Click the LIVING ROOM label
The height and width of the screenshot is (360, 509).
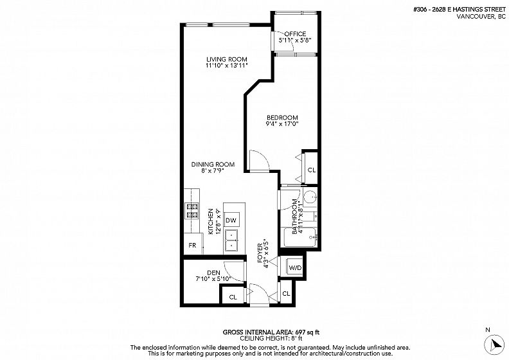pos(227,59)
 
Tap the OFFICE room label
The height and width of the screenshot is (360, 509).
pos(295,34)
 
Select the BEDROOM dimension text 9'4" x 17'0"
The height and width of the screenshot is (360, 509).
pos(281,123)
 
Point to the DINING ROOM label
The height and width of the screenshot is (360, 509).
pos(213,165)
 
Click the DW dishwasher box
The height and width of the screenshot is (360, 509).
pos(231,221)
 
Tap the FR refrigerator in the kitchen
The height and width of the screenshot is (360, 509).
pos(193,245)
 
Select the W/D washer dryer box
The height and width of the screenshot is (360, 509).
pos(295,268)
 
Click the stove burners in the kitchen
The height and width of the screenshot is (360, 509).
pos(192,210)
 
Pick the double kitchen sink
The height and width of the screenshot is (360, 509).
pos(231,240)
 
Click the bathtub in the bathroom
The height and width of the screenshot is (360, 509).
pos(299,237)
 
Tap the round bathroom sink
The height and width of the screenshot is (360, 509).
pos(310,197)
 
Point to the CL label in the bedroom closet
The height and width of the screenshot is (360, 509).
pos(312,170)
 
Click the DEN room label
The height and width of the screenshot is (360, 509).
pos(213,273)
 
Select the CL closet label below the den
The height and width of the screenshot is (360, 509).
pos(233,297)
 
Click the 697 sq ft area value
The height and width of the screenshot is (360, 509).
pos(307,332)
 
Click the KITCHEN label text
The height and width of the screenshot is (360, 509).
pos(210,221)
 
